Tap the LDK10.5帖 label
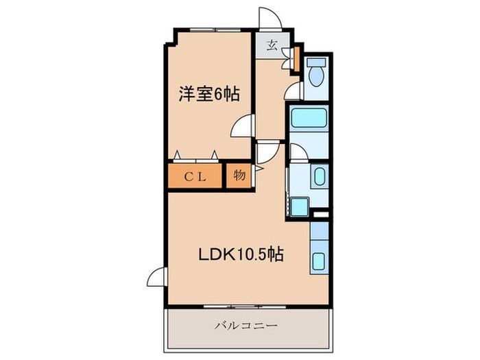coord(238,254)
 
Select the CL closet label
coord(195,176)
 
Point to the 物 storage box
coord(239,176)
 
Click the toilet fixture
coord(317,73)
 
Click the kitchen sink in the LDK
coord(319,261)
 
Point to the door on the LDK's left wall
coord(156,278)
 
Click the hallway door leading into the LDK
coord(268,152)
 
